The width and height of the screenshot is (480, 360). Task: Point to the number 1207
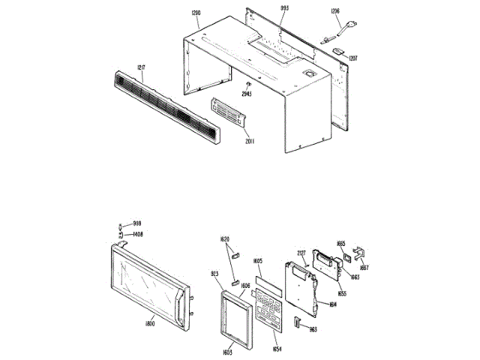352,58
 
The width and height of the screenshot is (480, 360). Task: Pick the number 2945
247,94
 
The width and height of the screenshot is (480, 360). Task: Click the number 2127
301,253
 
